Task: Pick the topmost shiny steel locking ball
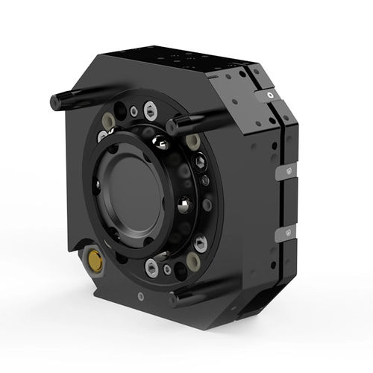click(x=159, y=141)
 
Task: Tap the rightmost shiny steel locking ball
click(x=182, y=204)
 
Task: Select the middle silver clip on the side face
click(x=282, y=172)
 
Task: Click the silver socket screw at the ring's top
click(x=151, y=112)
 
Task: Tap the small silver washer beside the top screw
click(x=134, y=112)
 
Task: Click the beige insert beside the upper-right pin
click(x=193, y=141)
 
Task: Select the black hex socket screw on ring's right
click(x=199, y=163)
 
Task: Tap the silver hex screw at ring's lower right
click(x=200, y=242)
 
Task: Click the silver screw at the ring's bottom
click(x=152, y=267)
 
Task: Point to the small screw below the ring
click(x=140, y=297)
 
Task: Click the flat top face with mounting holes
click(x=179, y=61)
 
